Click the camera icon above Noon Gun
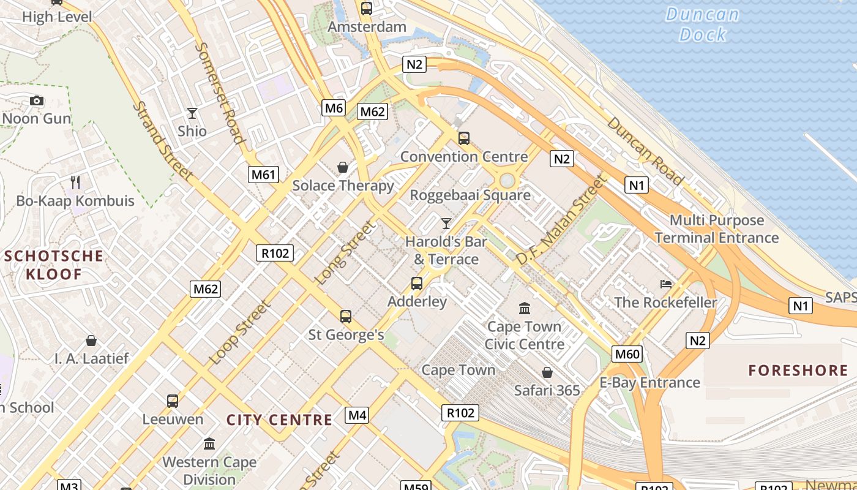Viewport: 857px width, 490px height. click(x=37, y=100)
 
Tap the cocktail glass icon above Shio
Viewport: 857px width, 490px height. click(x=192, y=113)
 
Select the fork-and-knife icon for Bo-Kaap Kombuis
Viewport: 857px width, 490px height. click(x=75, y=182)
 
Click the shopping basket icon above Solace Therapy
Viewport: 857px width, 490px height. click(x=343, y=167)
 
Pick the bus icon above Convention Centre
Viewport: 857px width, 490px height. click(x=463, y=138)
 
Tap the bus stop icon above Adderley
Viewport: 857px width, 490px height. click(x=417, y=284)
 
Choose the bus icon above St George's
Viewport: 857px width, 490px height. click(x=346, y=317)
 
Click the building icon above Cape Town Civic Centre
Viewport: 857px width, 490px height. click(x=525, y=308)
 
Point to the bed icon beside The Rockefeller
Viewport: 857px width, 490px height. click(x=666, y=284)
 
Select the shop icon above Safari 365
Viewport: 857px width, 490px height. click(x=547, y=372)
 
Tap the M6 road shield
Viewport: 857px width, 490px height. click(x=334, y=108)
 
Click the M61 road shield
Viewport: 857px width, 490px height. click(x=264, y=175)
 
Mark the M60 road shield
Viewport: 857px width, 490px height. click(x=627, y=353)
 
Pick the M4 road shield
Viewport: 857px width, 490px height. click(x=357, y=416)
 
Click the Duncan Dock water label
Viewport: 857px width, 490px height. click(x=702, y=24)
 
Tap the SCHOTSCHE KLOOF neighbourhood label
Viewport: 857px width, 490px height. click(x=54, y=265)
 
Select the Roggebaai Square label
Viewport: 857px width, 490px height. click(x=470, y=195)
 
